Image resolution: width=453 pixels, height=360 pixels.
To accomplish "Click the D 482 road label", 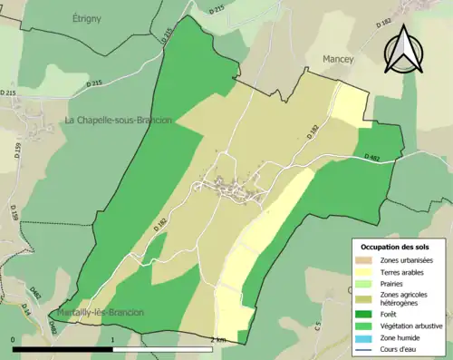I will [x=372, y=158].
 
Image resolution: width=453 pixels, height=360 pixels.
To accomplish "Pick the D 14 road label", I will [x=25, y=311].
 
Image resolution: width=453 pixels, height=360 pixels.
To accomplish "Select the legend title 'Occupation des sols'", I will [x=395, y=247].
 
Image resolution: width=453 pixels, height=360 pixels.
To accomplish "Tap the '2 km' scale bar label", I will [x=217, y=340].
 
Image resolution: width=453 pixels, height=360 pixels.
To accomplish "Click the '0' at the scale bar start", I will [x=14, y=340].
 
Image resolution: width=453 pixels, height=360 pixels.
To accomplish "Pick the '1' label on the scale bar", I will [x=112, y=340].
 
